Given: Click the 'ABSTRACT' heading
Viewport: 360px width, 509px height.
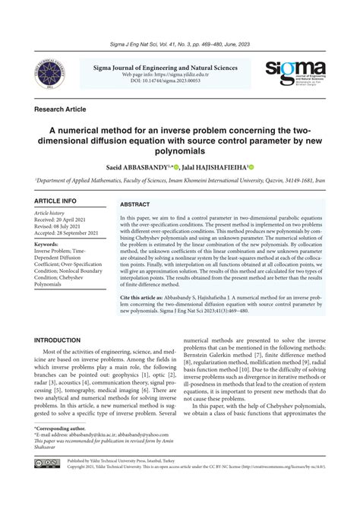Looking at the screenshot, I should coord(135,205).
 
